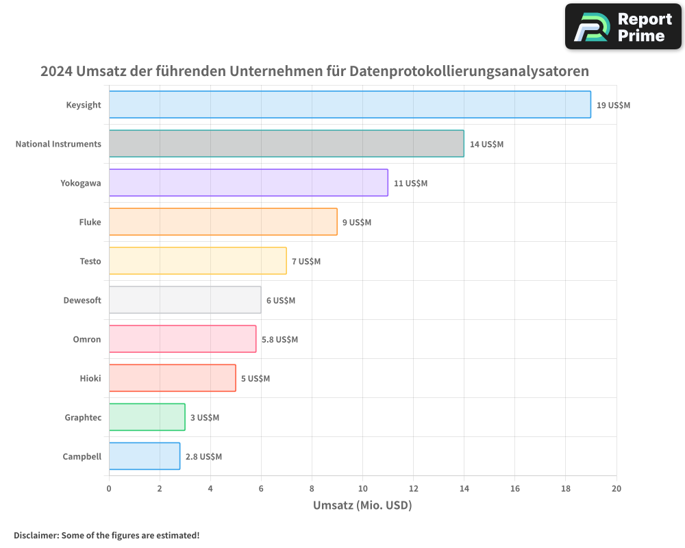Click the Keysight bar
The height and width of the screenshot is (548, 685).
349,105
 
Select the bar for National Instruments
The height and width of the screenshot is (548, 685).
286,144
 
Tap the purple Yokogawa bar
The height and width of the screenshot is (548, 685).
248,183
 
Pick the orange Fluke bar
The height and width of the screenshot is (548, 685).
223,222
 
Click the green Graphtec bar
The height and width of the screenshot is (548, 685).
147,417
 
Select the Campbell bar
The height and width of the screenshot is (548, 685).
144,456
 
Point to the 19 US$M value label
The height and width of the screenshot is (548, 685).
613,105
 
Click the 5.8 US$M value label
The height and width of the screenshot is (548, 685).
279,340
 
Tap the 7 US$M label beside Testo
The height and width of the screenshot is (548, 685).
306,262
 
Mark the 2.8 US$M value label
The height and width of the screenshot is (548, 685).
203,457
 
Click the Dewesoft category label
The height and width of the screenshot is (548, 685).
82,300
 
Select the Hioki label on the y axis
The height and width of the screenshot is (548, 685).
90,378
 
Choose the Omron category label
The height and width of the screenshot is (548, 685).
87,339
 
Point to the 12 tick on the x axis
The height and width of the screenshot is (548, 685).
413,488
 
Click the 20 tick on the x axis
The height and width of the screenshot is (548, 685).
616,488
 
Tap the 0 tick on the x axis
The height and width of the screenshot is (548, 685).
109,488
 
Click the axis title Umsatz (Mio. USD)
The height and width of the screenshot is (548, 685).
362,506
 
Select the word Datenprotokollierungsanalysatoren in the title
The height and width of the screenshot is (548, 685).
469,71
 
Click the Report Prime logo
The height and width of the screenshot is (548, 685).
623,27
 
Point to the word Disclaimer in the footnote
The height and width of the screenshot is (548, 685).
36,535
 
